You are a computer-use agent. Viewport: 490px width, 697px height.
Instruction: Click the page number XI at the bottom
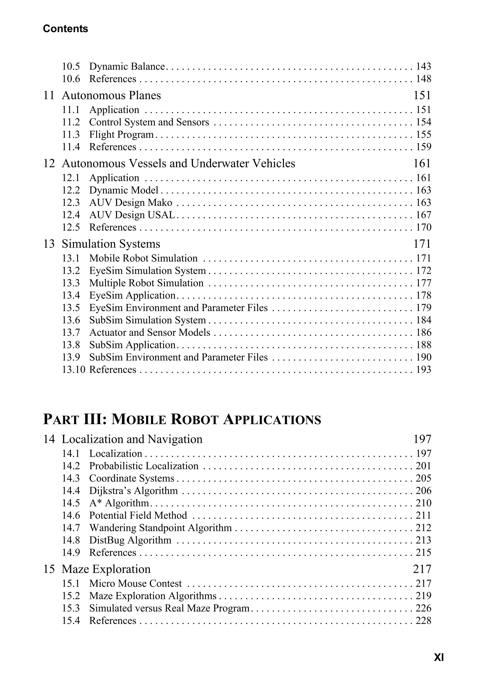point(439,658)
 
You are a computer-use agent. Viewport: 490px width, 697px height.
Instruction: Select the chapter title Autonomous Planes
point(111,95)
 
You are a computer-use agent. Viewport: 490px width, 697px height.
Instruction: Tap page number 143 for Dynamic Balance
point(423,66)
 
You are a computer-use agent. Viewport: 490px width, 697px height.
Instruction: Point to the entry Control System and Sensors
point(149,122)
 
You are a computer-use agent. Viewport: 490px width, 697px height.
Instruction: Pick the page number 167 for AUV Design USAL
point(423,215)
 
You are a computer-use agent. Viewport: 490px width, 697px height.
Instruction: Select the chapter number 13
point(49,244)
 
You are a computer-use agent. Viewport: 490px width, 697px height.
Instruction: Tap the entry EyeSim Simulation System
point(147,271)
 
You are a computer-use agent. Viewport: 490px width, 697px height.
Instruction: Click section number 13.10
point(73,370)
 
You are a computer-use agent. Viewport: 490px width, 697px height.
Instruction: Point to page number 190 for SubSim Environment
point(423,357)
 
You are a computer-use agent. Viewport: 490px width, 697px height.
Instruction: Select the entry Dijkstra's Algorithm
point(133,490)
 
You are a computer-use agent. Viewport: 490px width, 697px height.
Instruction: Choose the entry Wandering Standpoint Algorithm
point(160,528)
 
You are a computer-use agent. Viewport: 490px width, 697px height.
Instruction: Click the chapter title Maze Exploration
point(106,569)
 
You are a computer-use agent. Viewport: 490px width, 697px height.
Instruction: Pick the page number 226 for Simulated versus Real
point(423,608)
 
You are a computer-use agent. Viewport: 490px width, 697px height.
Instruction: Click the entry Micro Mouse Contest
point(135,583)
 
